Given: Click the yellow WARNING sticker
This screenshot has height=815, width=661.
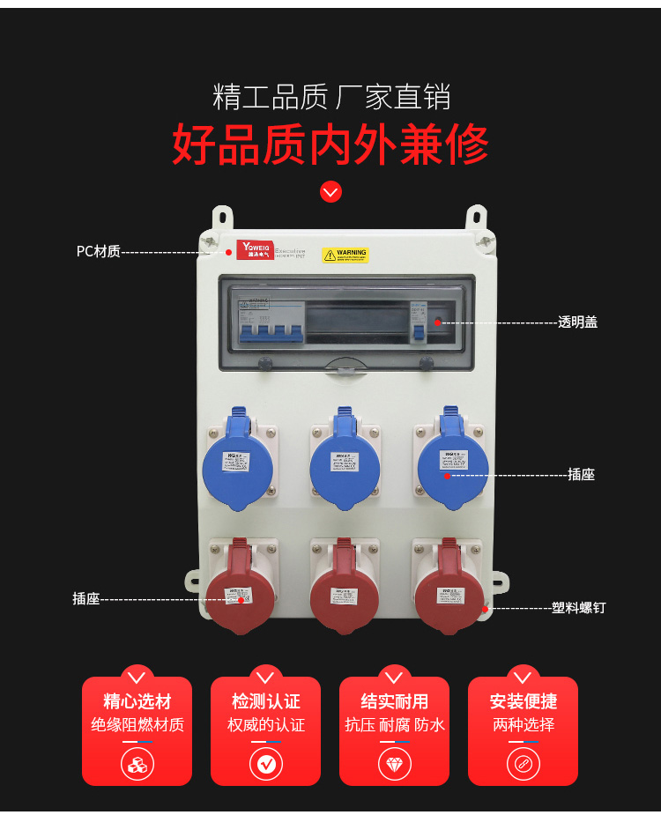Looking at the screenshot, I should click(x=345, y=255).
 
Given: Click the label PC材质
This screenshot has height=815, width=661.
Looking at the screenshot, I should click(x=98, y=251).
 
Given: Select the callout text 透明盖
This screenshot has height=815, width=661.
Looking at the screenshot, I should click(x=577, y=322).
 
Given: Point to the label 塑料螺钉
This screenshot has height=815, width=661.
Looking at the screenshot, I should click(x=578, y=607).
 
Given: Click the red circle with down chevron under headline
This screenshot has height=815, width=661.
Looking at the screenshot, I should click(x=330, y=191).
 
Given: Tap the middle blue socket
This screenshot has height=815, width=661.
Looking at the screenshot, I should click(x=345, y=463).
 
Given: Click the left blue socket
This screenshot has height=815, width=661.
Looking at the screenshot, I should click(x=237, y=463).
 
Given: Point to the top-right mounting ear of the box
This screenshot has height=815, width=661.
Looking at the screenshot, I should click(x=476, y=216).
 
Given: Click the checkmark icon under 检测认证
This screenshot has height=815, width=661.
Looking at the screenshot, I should click(x=265, y=764).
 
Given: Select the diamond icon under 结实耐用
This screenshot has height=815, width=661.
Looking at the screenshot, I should click(x=394, y=764).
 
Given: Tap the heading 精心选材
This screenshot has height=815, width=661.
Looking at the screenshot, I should click(x=137, y=701).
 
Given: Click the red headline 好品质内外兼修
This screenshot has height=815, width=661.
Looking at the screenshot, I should click(x=330, y=144).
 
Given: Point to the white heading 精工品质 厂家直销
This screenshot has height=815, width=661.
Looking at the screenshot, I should click(x=330, y=96).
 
